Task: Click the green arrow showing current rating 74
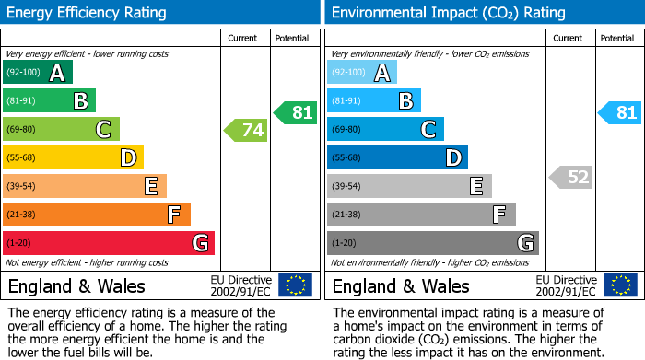[x=246, y=131]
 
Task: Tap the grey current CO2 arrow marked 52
[x=570, y=178]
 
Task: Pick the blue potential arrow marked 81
[x=619, y=113]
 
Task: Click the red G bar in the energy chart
[x=109, y=243]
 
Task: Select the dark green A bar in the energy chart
[x=38, y=73]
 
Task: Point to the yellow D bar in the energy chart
[x=73, y=158]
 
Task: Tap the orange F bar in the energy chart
[x=97, y=215]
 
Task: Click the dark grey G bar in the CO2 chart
[x=433, y=243]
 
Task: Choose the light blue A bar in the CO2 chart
[x=362, y=73]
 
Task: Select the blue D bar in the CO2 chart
[x=397, y=158]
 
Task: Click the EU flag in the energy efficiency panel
[x=295, y=285]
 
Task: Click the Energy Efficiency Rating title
[x=88, y=13]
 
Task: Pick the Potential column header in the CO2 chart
[x=617, y=38]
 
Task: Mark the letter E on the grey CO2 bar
[x=476, y=187]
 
